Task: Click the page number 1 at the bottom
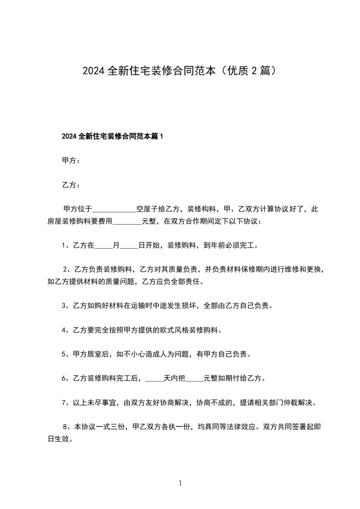[180, 484]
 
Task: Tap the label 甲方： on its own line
[71, 161]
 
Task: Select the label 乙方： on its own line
[71, 185]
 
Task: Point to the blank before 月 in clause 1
[103, 246]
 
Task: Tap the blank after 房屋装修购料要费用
[127, 222]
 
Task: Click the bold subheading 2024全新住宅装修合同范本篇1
[112, 137]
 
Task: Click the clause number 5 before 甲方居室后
[64, 354]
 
